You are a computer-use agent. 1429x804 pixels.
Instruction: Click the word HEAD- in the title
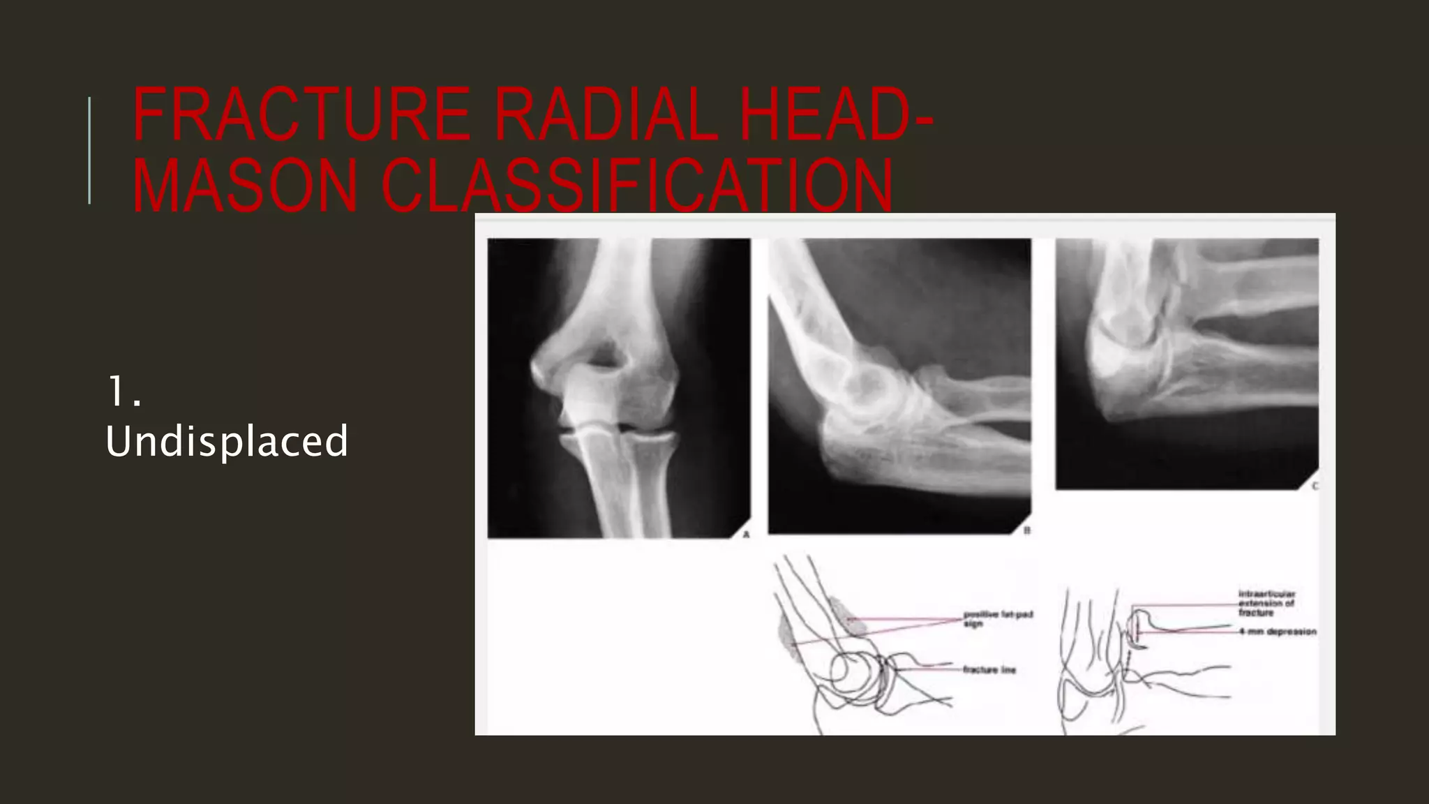[836, 114]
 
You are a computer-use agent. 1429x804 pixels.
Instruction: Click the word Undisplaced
[227, 441]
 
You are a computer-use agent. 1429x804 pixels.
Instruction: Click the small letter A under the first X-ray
[746, 535]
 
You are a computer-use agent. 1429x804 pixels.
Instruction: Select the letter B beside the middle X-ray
[1026, 531]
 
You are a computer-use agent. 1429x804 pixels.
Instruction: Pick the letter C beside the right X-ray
[1315, 486]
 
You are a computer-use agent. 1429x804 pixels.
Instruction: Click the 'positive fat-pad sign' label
[997, 619]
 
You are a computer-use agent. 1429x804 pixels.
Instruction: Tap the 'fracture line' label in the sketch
[989, 670]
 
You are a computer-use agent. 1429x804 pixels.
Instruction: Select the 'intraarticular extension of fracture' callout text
[1266, 603]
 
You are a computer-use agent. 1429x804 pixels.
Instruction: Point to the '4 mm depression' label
[1278, 632]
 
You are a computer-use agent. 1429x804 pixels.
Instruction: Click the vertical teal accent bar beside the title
[89, 151]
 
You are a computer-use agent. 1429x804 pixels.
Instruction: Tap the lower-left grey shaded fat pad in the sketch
[788, 635]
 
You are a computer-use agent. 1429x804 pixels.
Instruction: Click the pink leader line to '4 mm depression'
[1186, 632]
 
